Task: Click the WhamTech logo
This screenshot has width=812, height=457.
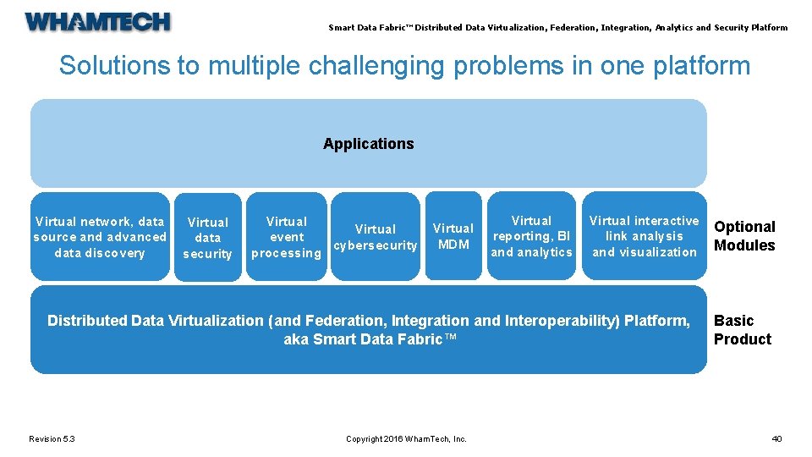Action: (x=97, y=22)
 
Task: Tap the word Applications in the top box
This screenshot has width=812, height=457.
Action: (x=368, y=144)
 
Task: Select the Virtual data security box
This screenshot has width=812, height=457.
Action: (x=207, y=238)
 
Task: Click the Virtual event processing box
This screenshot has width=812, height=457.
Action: (x=287, y=237)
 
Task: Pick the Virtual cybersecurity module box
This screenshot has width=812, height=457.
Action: (x=376, y=237)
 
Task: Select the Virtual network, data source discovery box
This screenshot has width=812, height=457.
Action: (x=100, y=237)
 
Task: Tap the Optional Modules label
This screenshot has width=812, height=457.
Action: (x=744, y=236)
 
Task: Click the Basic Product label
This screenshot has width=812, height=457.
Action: (x=742, y=330)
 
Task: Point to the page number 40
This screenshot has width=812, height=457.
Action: (x=776, y=438)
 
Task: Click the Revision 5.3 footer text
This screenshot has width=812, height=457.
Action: (x=52, y=438)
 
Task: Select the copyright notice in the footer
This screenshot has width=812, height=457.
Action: (x=406, y=438)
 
